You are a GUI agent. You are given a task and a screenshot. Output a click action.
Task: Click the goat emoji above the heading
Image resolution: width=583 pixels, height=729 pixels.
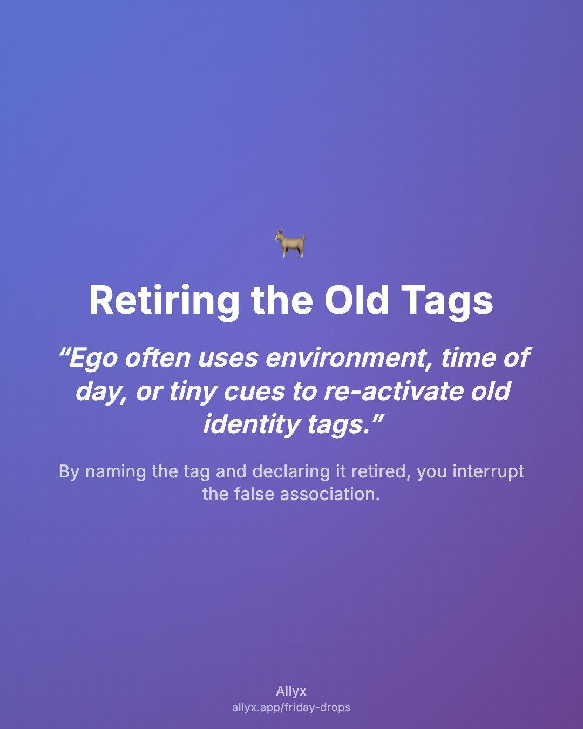coord(290,243)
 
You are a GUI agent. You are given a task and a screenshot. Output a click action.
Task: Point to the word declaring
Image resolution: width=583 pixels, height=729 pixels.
coord(291,472)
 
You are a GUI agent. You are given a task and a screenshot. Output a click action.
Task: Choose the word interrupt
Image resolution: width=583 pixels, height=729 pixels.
coord(489,472)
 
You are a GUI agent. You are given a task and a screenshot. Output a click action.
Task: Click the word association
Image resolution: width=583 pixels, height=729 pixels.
coord(330,494)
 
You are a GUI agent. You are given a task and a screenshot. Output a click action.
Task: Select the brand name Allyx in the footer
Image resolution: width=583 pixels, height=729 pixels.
coord(291,691)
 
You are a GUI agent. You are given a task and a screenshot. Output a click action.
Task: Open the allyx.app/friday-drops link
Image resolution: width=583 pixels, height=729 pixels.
coord(291,707)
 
